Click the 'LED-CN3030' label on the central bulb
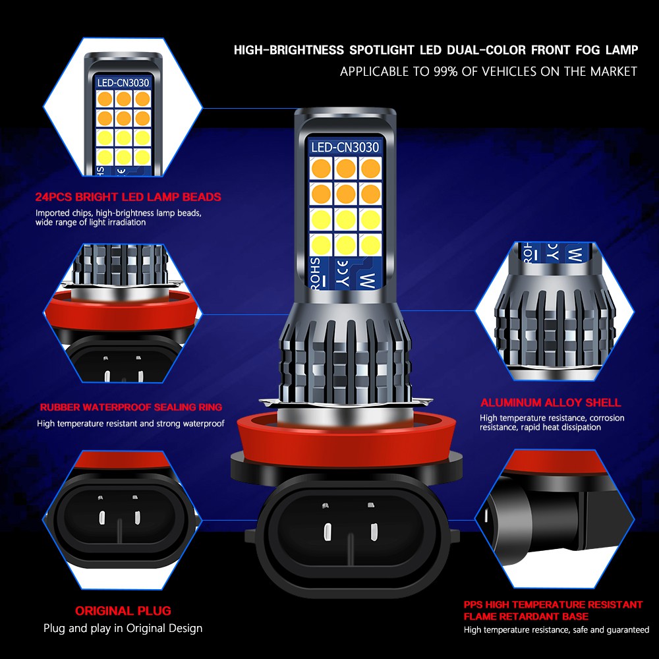click(345, 147)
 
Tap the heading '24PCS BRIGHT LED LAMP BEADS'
click(129, 197)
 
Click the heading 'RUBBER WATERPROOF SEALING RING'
click(131, 407)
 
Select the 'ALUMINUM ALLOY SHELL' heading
click(550, 403)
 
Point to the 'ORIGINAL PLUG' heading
click(123, 611)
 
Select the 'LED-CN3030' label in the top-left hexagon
click(123, 83)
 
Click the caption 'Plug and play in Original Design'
click(123, 628)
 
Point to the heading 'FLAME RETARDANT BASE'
click(526, 616)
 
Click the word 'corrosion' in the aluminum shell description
click(606, 418)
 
